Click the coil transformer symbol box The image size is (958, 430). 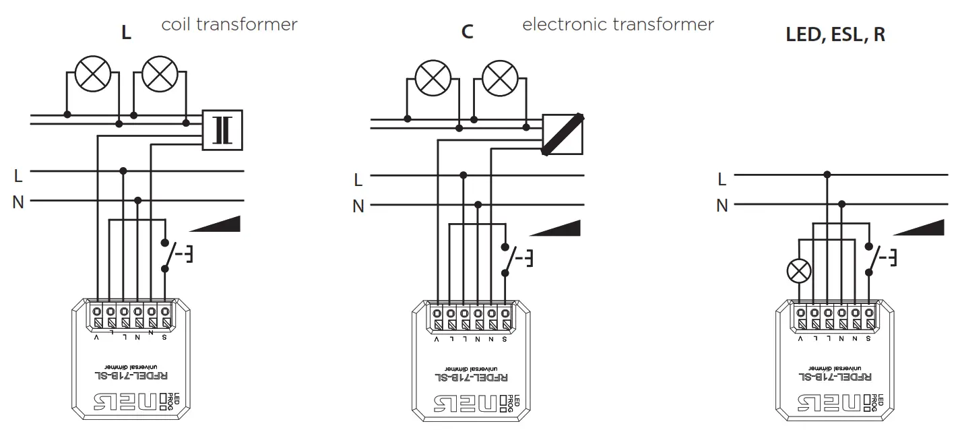(x=222, y=130)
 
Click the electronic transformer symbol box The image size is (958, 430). (x=563, y=135)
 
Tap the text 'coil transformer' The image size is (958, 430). (x=229, y=25)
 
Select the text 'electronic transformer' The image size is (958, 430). (x=618, y=25)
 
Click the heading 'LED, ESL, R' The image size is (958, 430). (x=835, y=35)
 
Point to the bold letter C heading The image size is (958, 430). (x=467, y=32)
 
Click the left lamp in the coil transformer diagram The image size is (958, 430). (x=92, y=73)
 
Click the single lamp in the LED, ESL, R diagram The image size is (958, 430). (x=800, y=272)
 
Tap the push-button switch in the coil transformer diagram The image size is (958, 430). (x=170, y=255)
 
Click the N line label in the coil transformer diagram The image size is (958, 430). (x=18, y=202)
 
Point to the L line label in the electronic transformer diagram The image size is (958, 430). (x=358, y=180)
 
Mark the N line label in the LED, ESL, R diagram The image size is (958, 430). (x=722, y=206)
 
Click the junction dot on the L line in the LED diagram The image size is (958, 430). (x=827, y=175)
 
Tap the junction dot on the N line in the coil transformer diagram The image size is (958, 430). (x=138, y=200)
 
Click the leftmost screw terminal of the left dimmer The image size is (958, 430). (x=98, y=312)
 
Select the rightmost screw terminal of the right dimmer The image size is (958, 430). (x=869, y=313)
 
